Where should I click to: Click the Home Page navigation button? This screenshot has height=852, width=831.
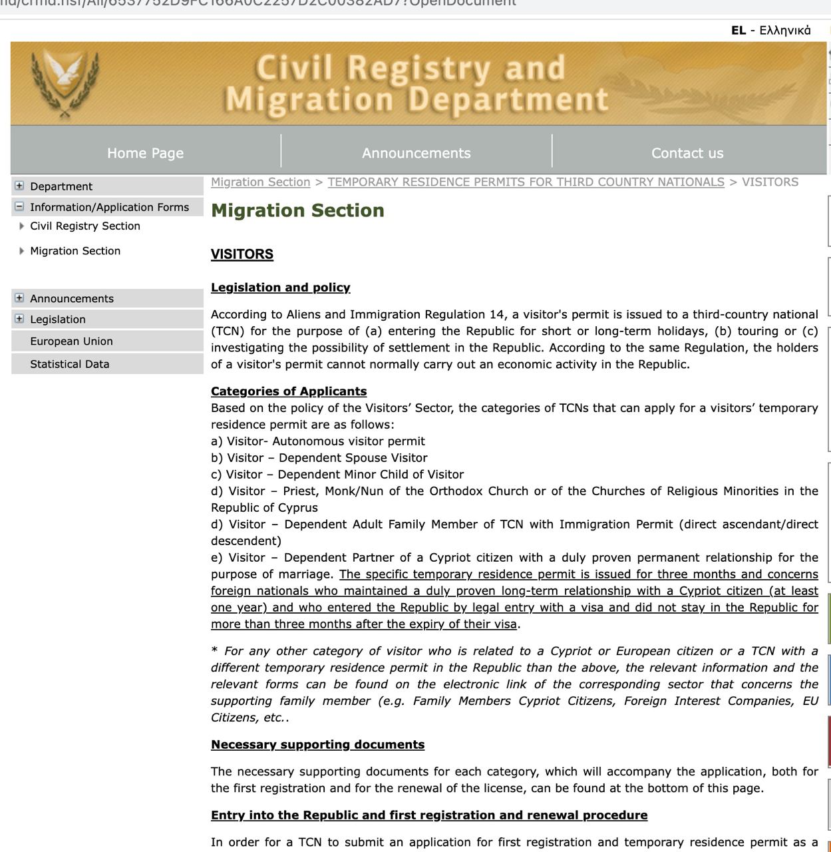pyautogui.click(x=145, y=153)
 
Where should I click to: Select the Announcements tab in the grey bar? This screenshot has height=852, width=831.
pyautogui.click(x=416, y=153)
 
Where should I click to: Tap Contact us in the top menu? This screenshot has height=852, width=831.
pyautogui.click(x=687, y=153)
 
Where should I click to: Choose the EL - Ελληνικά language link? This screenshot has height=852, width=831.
pyautogui.click(x=770, y=30)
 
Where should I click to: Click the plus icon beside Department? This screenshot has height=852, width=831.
pyautogui.click(x=19, y=186)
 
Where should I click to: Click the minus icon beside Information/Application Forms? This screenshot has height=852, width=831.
pyautogui.click(x=19, y=206)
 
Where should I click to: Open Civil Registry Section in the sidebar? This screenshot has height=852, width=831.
pyautogui.click(x=84, y=226)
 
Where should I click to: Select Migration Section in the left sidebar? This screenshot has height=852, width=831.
pyautogui.click(x=75, y=251)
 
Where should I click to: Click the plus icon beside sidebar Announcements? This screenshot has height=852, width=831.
pyautogui.click(x=19, y=298)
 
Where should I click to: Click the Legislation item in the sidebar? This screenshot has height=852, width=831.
pyautogui.click(x=57, y=319)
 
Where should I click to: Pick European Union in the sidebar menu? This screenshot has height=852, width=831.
pyautogui.click(x=71, y=341)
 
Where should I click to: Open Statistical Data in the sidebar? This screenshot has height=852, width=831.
pyautogui.click(x=69, y=364)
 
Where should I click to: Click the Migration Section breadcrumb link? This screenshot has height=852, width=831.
pyautogui.click(x=260, y=182)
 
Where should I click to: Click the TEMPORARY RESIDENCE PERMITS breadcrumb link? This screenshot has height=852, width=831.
pyautogui.click(x=526, y=182)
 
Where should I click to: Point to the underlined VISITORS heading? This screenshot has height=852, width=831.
pyautogui.click(x=242, y=254)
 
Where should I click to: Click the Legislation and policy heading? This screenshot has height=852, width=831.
pyautogui.click(x=280, y=288)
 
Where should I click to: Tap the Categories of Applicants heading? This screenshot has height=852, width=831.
pyautogui.click(x=288, y=391)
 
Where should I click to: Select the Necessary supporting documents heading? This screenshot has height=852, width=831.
pyautogui.click(x=317, y=744)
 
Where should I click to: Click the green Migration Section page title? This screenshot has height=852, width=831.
pyautogui.click(x=297, y=210)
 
